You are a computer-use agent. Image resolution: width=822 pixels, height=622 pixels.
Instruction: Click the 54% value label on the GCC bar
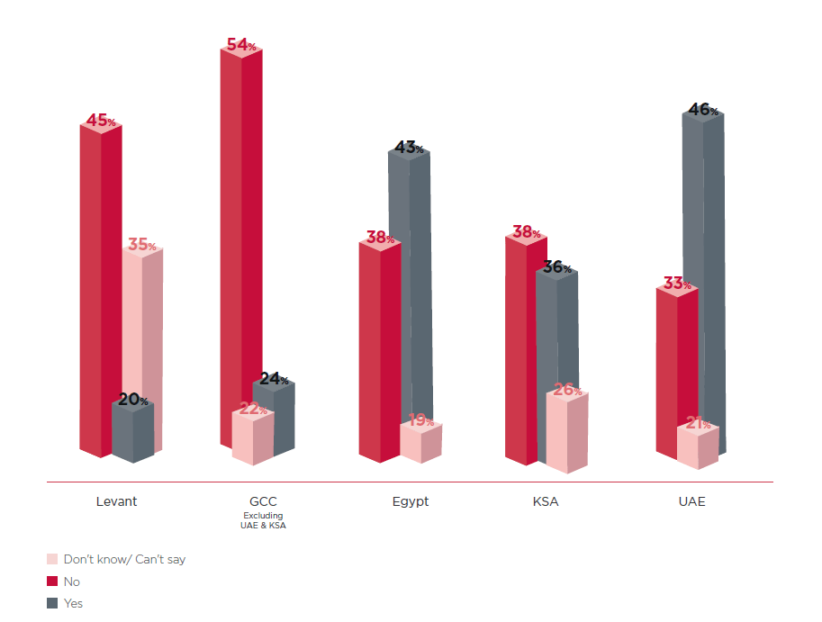(x=239, y=44)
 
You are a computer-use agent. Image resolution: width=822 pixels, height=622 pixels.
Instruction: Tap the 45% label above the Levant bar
(x=100, y=121)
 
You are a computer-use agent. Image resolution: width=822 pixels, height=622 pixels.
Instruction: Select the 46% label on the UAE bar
(x=703, y=110)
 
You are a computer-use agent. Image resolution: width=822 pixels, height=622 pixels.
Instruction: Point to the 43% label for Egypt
(x=409, y=147)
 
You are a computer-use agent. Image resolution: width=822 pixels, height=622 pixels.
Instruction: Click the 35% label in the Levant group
(x=141, y=244)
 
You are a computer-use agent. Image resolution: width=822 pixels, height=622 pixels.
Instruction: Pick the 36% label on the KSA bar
(x=556, y=267)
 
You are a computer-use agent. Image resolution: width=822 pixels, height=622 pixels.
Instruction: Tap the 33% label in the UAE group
(x=676, y=284)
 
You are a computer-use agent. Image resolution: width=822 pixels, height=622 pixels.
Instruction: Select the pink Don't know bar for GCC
(x=252, y=438)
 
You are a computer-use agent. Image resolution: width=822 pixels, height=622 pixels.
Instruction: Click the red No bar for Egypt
(x=379, y=351)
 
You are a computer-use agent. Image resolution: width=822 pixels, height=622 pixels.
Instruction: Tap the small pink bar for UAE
(x=697, y=447)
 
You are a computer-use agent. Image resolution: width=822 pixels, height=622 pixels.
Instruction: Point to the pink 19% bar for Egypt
(x=420, y=443)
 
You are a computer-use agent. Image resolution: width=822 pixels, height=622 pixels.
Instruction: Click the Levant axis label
(x=116, y=501)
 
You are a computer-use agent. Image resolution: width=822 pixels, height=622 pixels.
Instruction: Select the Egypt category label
(x=411, y=501)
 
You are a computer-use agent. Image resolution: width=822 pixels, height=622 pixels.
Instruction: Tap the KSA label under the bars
(x=546, y=501)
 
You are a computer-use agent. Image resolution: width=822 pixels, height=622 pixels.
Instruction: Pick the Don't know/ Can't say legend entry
(x=124, y=559)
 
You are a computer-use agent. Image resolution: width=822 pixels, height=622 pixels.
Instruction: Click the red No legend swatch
(x=52, y=581)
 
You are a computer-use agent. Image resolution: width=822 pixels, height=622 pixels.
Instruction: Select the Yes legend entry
(x=73, y=603)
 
